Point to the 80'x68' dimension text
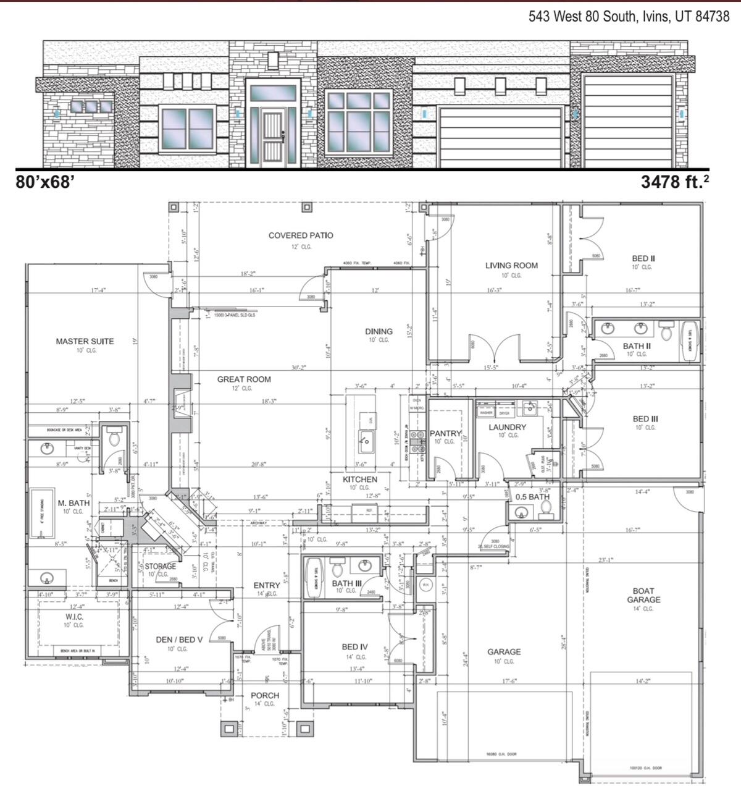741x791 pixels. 45,182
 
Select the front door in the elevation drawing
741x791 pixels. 272,138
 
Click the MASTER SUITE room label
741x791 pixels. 85,341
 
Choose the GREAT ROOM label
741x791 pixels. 244,379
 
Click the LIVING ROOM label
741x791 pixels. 511,266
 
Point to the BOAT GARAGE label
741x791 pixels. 643,595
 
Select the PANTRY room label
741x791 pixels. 445,433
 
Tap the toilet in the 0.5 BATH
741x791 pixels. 545,508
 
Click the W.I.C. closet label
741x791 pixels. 74,617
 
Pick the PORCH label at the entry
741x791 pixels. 265,695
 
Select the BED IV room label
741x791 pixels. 355,647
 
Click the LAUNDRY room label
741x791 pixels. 508,427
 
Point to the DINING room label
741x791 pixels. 379,332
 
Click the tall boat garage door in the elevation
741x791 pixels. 627,121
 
